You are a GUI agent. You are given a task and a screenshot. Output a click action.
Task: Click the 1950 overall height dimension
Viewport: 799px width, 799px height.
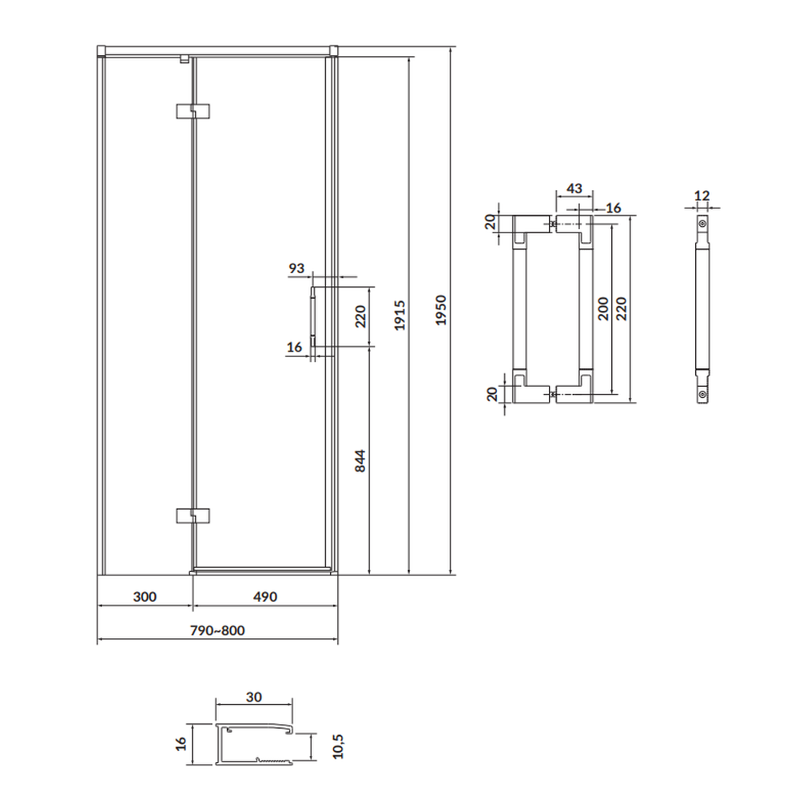(x=441, y=310)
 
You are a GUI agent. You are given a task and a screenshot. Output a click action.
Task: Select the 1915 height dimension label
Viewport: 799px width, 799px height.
(x=400, y=316)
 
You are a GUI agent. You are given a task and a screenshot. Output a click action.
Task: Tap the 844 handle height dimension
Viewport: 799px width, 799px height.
(x=360, y=461)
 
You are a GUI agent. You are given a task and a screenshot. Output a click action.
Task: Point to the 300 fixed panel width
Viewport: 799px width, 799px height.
(x=145, y=597)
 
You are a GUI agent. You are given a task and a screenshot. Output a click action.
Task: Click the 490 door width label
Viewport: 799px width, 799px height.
(x=265, y=597)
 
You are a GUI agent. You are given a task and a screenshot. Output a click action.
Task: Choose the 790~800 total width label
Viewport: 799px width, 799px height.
(x=217, y=630)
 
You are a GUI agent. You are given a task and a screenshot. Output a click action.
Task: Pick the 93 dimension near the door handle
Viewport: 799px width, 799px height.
(x=296, y=268)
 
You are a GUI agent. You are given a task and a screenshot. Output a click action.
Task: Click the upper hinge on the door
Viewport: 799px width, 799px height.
(x=193, y=111)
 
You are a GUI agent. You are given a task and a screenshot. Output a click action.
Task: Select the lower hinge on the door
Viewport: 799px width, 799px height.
(x=193, y=515)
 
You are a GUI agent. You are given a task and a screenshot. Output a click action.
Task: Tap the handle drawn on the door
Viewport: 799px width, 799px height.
(x=312, y=316)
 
